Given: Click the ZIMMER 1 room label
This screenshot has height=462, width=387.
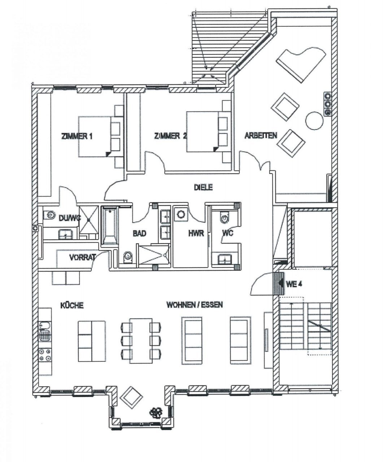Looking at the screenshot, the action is (77, 136).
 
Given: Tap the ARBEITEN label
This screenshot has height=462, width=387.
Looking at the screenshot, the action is (261, 135).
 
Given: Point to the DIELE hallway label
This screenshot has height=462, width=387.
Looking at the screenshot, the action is (203, 187).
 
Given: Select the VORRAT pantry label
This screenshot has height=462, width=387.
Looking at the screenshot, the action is (83, 257).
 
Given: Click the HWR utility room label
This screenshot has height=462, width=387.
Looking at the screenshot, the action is (196, 233).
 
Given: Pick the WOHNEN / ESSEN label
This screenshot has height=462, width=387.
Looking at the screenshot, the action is (195, 305).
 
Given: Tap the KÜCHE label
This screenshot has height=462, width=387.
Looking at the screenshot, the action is (72, 305).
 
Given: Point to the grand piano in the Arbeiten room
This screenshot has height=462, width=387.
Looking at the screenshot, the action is (301, 64).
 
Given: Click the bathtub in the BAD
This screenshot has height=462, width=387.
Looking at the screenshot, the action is (110, 226).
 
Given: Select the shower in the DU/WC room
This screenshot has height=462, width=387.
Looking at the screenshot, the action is (89, 219).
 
